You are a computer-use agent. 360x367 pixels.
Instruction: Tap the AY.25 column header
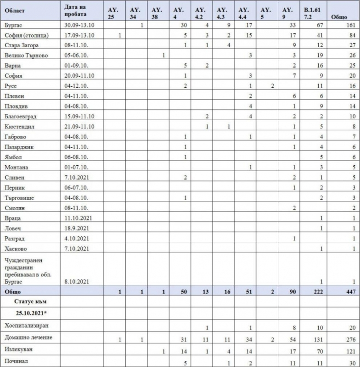[x=113, y=12]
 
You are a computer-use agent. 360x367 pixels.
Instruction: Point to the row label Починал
[x=16, y=361]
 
